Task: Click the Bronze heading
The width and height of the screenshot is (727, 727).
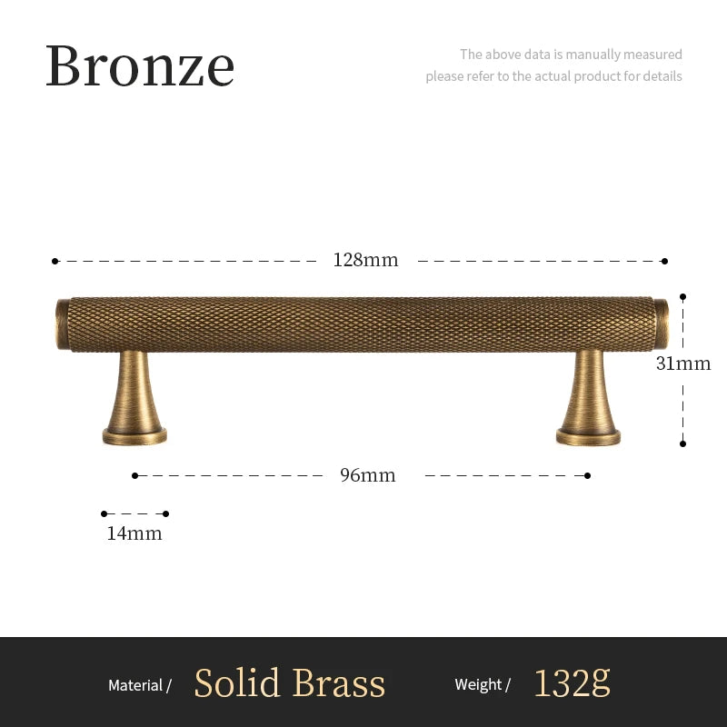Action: point(140,66)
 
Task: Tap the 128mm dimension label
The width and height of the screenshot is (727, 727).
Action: point(365,260)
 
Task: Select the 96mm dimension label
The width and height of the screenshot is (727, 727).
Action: point(368,475)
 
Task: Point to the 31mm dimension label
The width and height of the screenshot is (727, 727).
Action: point(683,364)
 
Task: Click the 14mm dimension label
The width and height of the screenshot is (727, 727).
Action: point(134,533)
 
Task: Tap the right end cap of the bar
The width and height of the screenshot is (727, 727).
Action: point(661,323)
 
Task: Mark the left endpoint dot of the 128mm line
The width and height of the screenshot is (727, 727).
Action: point(55,261)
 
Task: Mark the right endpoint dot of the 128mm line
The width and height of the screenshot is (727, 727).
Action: point(664,261)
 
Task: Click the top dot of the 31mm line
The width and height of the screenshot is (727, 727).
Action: point(682,296)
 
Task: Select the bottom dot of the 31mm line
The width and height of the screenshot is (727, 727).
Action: point(682,443)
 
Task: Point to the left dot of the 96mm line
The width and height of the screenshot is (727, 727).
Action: point(134,475)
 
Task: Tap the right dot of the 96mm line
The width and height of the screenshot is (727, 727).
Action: point(588,475)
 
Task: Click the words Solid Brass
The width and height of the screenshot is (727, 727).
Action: point(290,683)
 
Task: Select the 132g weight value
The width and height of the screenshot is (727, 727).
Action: point(572,682)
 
